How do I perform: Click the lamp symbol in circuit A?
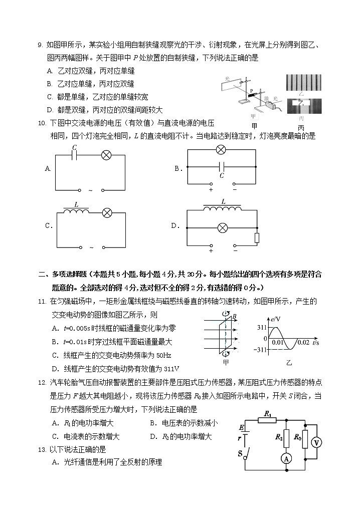click(106, 155)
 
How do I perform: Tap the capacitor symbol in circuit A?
click(74, 155)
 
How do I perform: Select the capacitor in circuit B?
click(221, 165)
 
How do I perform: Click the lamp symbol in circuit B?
click(221, 149)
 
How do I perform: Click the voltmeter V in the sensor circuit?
click(315, 442)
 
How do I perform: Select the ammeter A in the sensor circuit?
click(286, 459)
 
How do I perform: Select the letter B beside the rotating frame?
click(234, 316)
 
